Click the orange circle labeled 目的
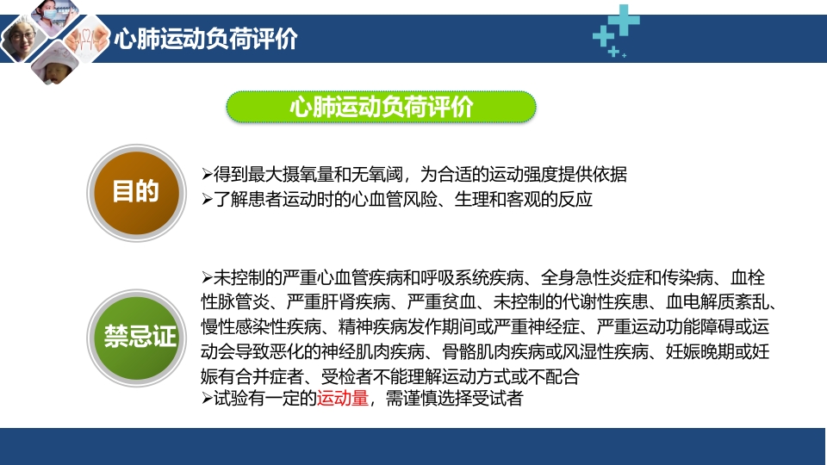pyautogui.click(x=135, y=191)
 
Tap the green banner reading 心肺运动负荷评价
pyautogui.click(x=381, y=107)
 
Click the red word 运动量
pyautogui.click(x=343, y=400)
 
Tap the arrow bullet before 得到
pyautogui.click(x=206, y=174)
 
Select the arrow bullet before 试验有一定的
pyautogui.click(x=206, y=400)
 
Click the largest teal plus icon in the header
pyautogui.click(x=625, y=19)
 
